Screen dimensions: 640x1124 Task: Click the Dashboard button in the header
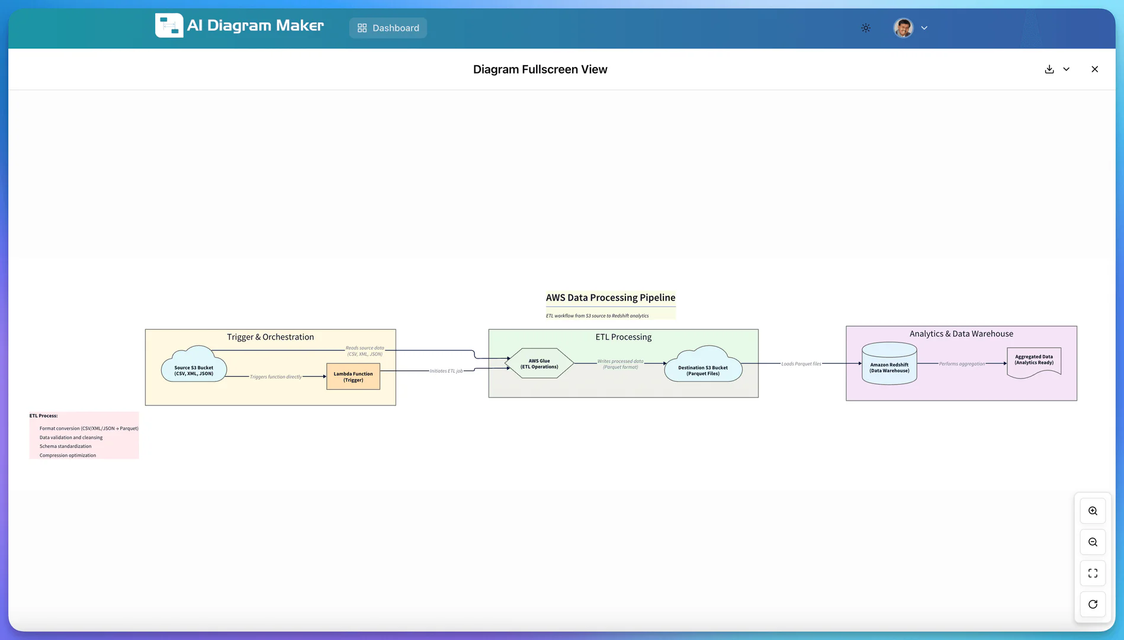pos(388,28)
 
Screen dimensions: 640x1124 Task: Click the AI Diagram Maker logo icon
pos(169,25)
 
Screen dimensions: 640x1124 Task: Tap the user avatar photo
pos(903,28)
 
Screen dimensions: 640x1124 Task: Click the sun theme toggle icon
pos(866,28)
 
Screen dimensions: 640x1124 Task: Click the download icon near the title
pos(1049,69)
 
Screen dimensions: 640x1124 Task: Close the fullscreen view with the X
pos(1094,69)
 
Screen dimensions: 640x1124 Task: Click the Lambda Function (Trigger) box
pos(353,377)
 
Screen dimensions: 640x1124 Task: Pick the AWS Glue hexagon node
pos(539,364)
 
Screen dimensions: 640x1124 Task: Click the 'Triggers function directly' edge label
pos(275,377)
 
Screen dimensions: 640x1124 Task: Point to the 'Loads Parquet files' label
pos(801,364)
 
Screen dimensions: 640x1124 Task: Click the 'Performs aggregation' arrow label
pos(962,364)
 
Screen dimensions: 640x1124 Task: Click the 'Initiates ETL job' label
pos(446,371)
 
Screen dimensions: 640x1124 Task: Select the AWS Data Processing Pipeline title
pos(610,297)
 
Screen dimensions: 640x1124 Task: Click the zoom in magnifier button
pos(1093,511)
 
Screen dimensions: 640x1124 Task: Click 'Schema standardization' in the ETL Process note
pos(65,446)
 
